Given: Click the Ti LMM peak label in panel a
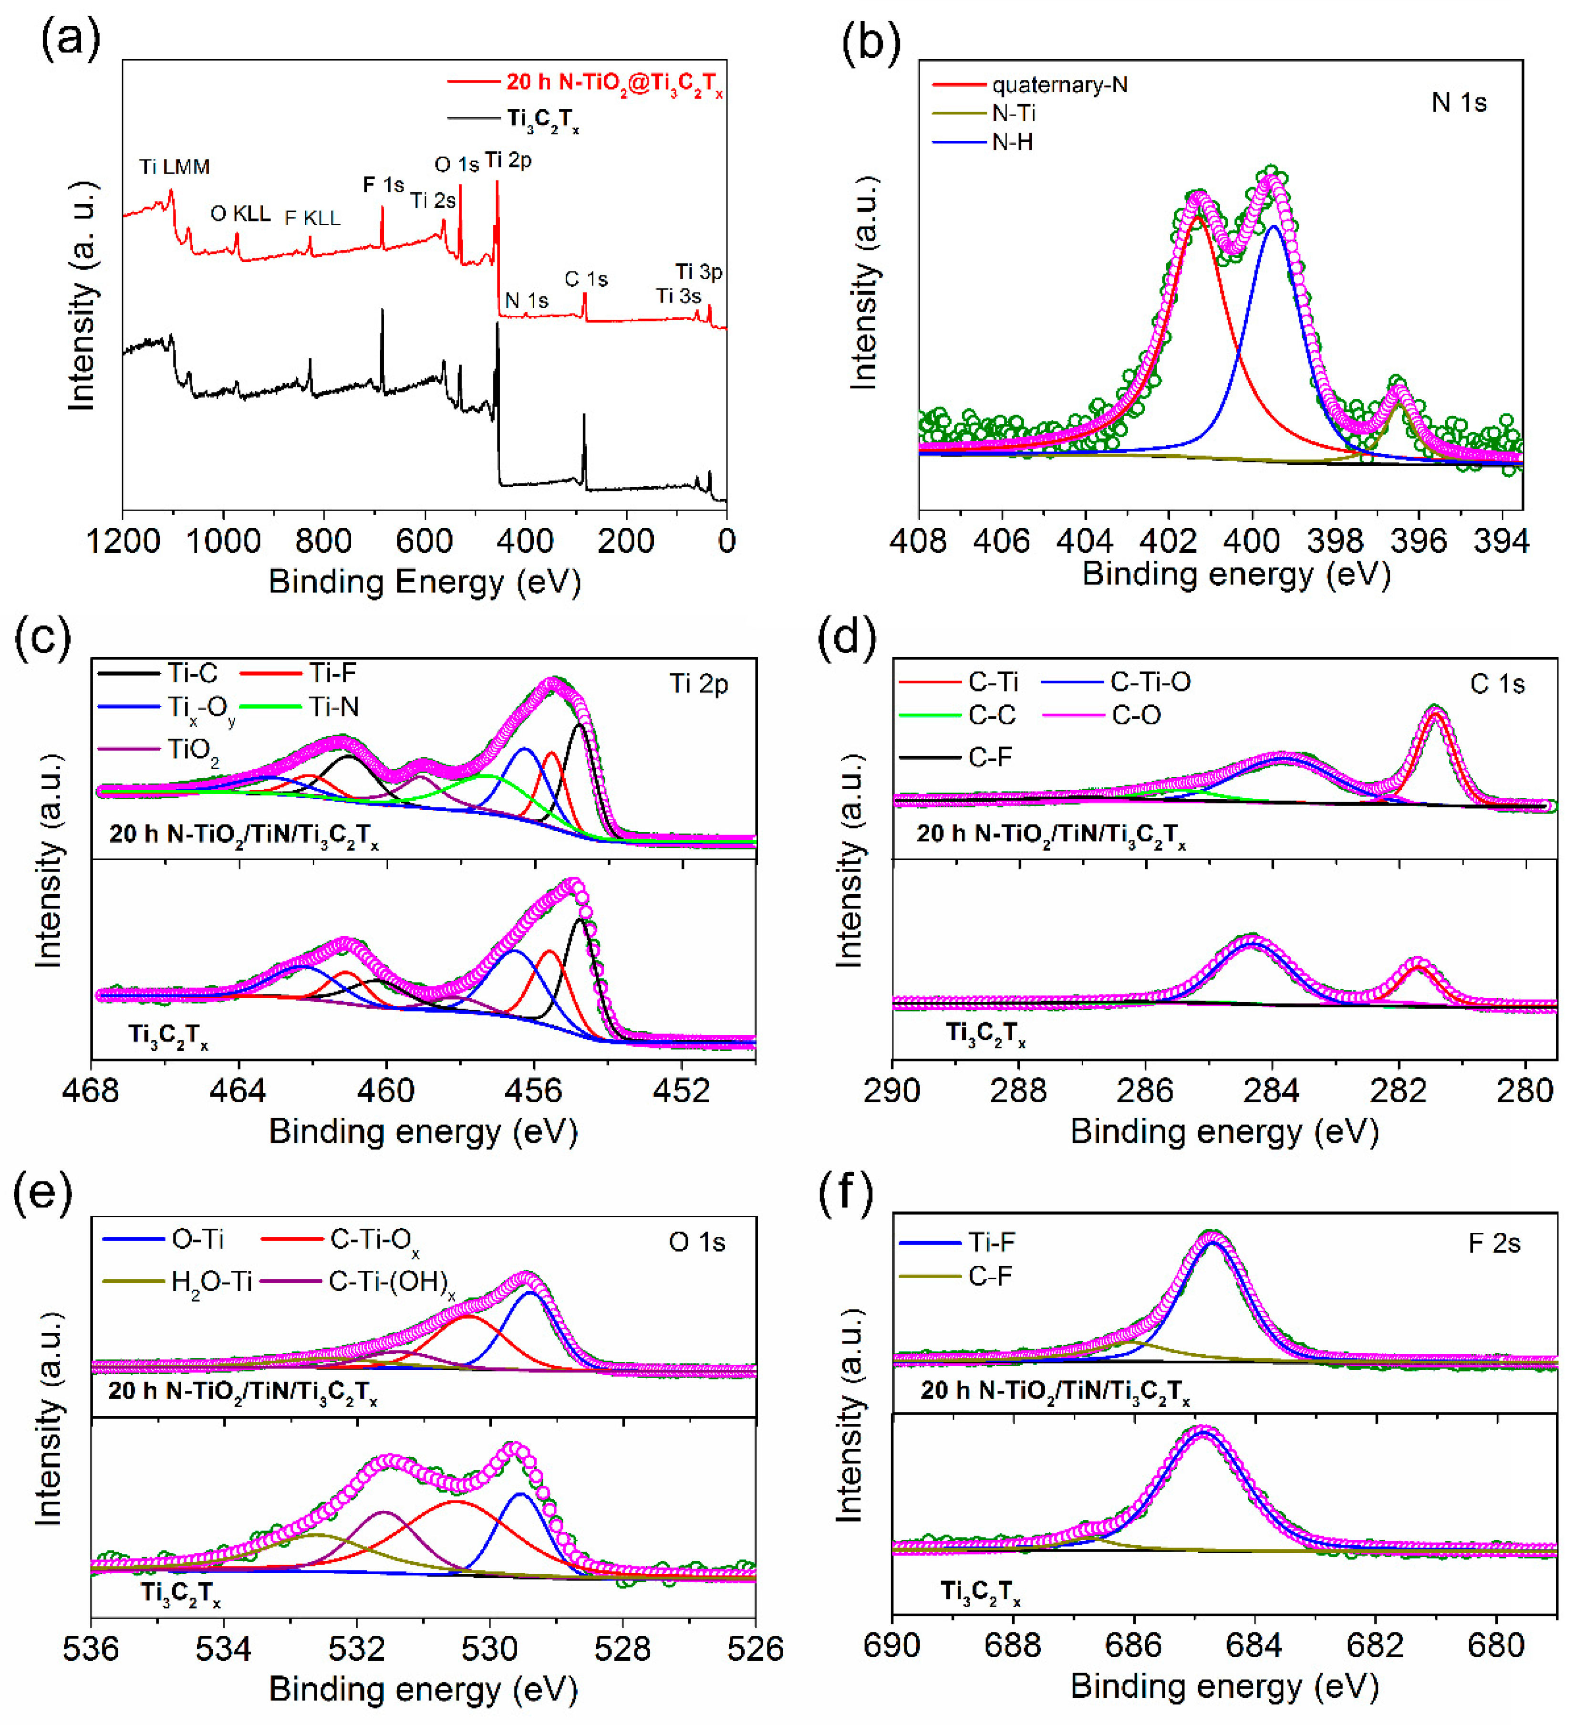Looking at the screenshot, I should (175, 167).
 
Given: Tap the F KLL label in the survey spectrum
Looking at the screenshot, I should (312, 218).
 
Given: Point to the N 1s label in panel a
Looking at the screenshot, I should (526, 300).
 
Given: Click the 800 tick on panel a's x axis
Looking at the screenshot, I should (324, 542).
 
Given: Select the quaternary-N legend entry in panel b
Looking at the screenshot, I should (1059, 85).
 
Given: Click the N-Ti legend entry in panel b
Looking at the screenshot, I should (1014, 113).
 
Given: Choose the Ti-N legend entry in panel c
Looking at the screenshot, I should (334, 707).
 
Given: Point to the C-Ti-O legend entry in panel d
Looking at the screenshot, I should (1150, 682).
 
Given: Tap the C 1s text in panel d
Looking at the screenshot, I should (1497, 684).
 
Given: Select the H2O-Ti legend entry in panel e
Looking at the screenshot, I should (211, 1282).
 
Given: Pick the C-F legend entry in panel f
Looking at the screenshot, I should (990, 1276).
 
